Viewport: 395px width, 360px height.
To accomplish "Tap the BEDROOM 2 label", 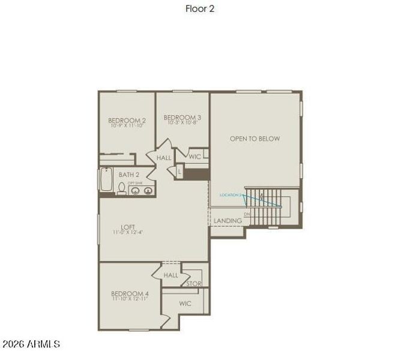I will tap(127, 121).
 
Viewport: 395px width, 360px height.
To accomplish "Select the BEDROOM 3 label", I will tap(182, 118).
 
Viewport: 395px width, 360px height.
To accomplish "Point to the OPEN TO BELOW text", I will tap(255, 139).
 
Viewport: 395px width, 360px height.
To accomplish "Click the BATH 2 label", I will tap(129, 175).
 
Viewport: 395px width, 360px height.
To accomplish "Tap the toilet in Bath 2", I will tap(121, 189).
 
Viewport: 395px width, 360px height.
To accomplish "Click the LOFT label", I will tap(127, 227).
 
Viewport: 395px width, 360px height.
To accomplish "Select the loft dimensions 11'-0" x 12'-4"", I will tap(127, 233).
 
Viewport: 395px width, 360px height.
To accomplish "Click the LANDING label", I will tap(228, 221).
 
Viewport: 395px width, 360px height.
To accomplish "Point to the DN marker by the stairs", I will tap(246, 213).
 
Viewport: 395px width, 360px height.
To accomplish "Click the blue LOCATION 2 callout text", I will tap(230, 195).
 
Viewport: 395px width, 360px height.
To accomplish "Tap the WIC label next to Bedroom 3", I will tap(195, 156).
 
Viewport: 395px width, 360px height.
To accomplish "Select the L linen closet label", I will tap(179, 172).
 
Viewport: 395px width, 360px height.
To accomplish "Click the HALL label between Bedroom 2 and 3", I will tap(164, 158).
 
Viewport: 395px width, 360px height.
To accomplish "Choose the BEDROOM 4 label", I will tap(130, 293).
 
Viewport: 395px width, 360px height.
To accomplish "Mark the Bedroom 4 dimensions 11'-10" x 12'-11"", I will tap(130, 299).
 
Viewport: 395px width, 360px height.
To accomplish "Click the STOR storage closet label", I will tap(194, 284).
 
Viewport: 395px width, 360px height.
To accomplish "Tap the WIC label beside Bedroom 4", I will tap(185, 304).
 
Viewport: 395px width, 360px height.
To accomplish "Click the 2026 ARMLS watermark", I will tap(31, 344).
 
